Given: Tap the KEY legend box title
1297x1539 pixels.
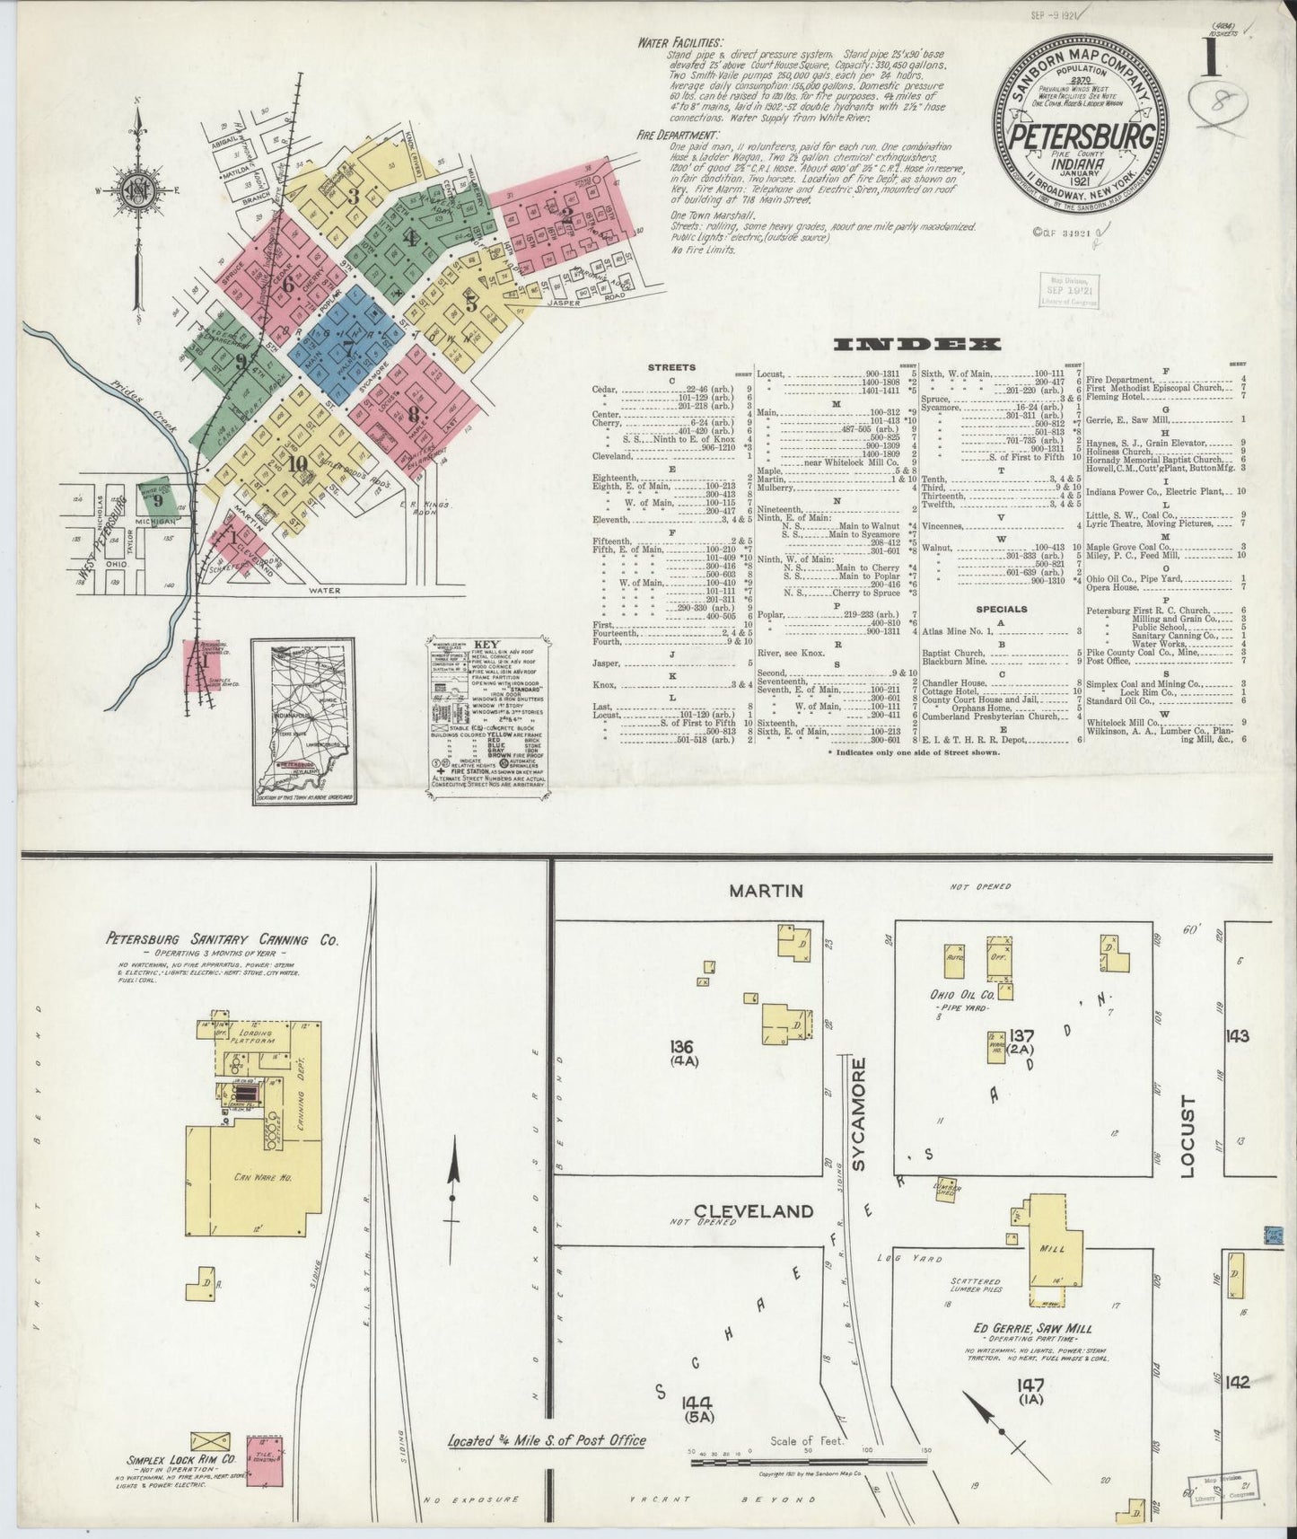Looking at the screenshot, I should click(486, 645).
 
